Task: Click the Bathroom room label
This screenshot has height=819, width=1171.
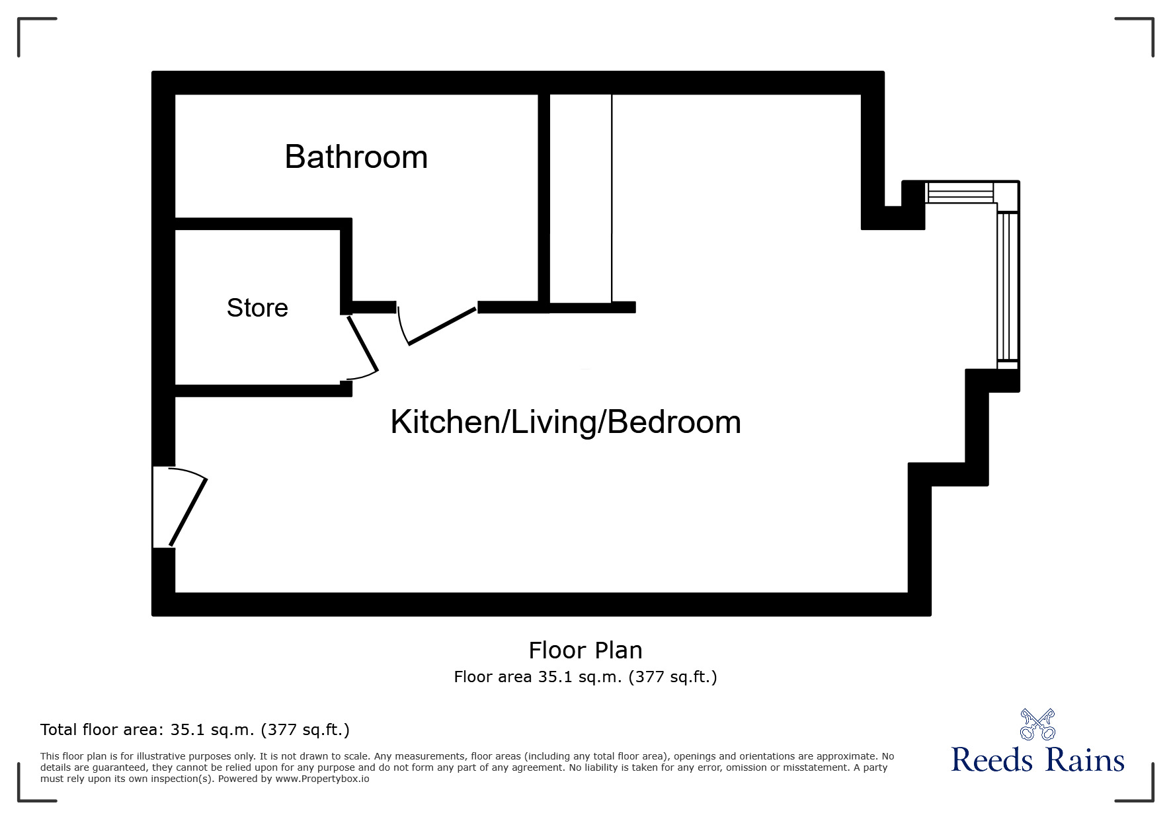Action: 356,157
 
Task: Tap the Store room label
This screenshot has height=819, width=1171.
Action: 257,308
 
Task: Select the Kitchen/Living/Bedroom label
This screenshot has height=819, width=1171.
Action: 565,422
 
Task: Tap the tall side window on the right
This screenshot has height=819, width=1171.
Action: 1007,286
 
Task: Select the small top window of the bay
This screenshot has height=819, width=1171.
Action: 960,192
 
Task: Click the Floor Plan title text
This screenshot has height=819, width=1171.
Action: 585,650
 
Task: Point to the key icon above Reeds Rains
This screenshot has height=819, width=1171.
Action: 1037,724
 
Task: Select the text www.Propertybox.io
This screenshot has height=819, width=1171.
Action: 322,779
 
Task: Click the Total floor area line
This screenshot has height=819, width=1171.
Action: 195,730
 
